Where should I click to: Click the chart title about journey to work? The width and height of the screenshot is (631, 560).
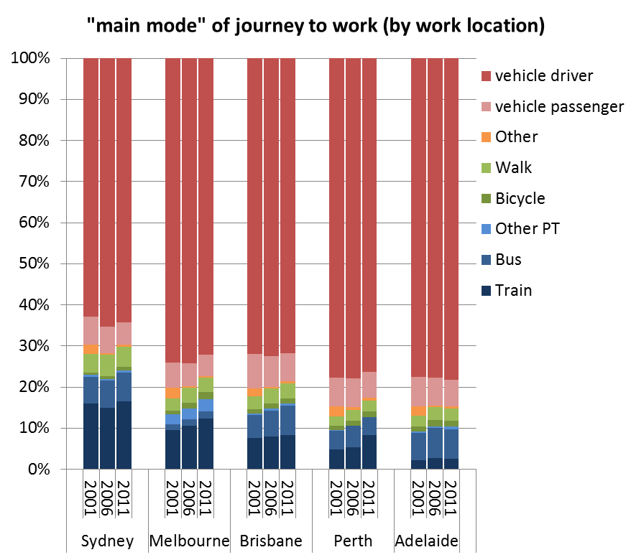pos(315,27)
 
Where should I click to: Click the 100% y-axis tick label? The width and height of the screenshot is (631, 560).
pos(29,58)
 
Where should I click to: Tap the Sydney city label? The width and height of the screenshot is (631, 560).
pos(107,541)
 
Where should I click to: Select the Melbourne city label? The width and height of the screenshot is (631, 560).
pos(189,541)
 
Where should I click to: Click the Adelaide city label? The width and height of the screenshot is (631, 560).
pos(426,541)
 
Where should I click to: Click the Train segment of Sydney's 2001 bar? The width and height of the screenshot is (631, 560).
pos(91,437)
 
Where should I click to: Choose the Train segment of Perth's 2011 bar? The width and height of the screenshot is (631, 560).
pos(369,452)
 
